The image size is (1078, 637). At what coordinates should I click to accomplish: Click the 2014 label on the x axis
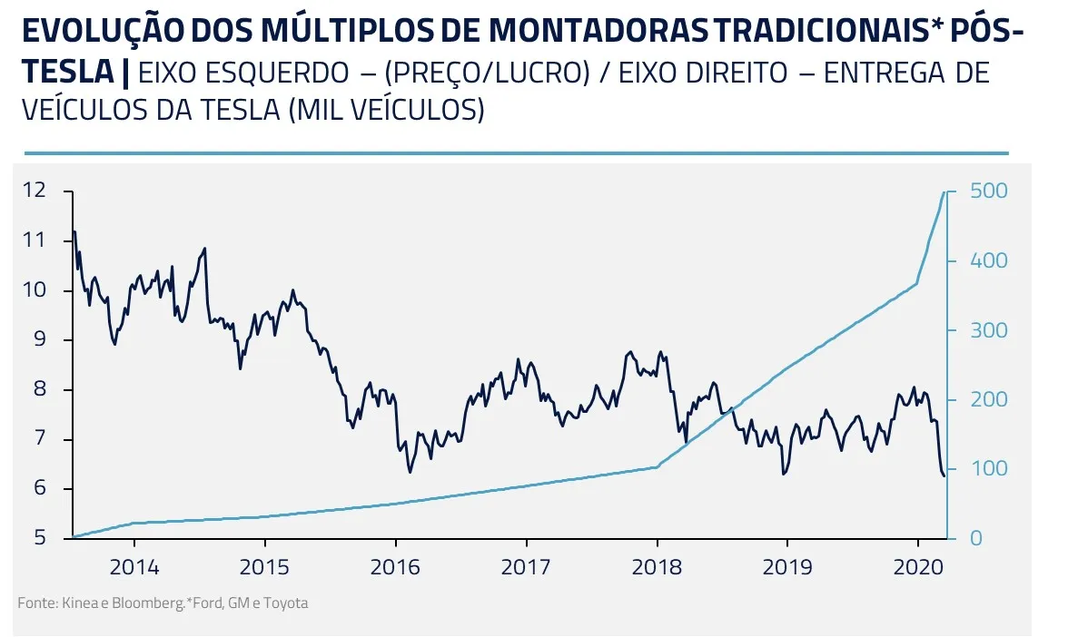tap(134, 568)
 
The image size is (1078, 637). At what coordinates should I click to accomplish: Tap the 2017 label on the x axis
tap(526, 568)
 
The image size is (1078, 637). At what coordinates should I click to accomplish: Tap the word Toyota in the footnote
tap(286, 603)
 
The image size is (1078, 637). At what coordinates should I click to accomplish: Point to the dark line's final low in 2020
tap(944, 475)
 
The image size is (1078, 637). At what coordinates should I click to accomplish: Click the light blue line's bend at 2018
tap(657, 467)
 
